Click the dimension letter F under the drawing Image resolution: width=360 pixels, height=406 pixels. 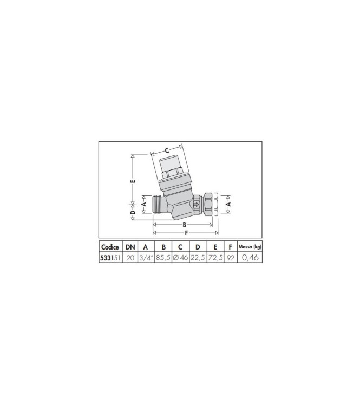coord(186,233)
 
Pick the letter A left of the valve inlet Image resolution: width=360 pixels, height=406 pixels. coord(145,205)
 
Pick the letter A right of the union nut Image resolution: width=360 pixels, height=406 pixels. coord(228,205)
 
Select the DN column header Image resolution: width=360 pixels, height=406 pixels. coord(130,247)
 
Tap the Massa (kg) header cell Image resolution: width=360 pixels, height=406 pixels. coord(249,247)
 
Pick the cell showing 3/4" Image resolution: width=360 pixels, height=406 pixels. coord(146,258)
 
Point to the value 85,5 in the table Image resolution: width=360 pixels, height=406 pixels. coord(163,258)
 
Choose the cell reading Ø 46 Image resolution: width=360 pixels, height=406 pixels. coord(181,258)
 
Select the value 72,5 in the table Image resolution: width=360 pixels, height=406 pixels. coord(215,258)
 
